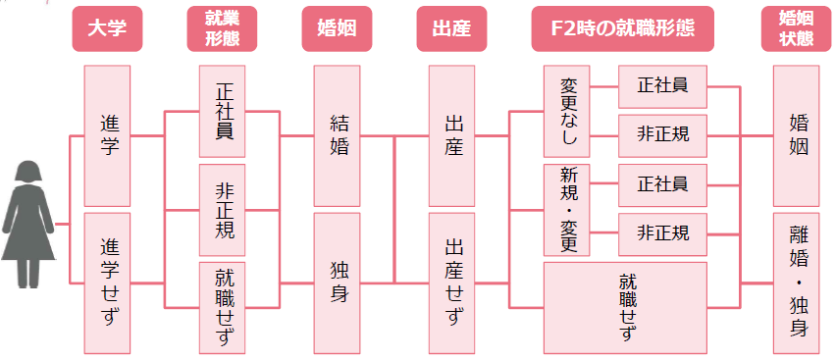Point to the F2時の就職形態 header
[x=623, y=29]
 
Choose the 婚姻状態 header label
[x=795, y=29]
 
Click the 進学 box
[x=107, y=135]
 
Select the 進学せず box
[x=107, y=283]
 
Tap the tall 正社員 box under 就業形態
[x=222, y=111]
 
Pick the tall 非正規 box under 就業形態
[x=222, y=210]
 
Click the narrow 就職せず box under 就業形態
[x=222, y=307]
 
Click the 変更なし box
[x=567, y=111]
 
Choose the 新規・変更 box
[x=567, y=210]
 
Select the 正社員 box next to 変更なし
[x=661, y=86]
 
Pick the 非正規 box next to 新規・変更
[x=661, y=233]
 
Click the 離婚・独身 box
[x=795, y=283]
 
